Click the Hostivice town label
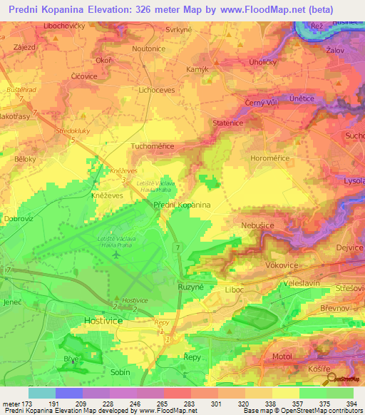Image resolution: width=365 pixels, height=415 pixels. (x=104, y=321)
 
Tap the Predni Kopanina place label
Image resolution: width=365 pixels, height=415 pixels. (x=182, y=205)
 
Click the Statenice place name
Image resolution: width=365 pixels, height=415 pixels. (x=228, y=123)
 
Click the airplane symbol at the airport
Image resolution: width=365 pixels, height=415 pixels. (x=115, y=255)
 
